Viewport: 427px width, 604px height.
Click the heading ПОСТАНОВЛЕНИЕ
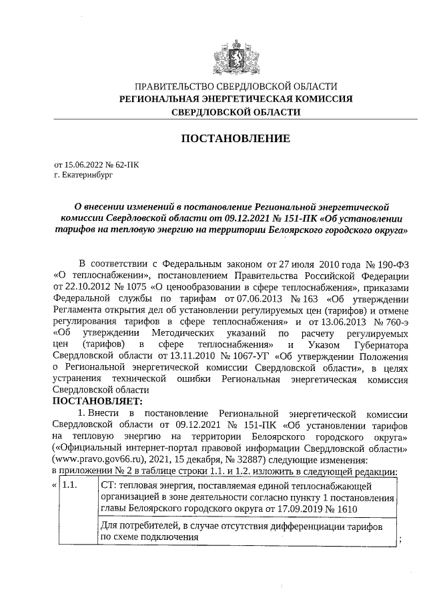[x=236, y=139]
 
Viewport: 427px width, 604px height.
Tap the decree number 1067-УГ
[x=210, y=356]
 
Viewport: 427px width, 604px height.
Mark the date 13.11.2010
[x=158, y=356]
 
